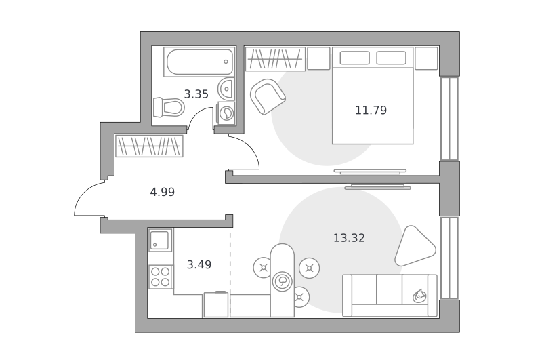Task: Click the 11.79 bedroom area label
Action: pyautogui.click(x=371, y=110)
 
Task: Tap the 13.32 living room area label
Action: pyautogui.click(x=349, y=238)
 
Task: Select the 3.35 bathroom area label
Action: pyautogui.click(x=196, y=94)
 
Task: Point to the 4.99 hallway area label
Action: pyautogui.click(x=162, y=192)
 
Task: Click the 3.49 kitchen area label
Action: pyautogui.click(x=199, y=264)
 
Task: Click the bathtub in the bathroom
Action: pyautogui.click(x=199, y=62)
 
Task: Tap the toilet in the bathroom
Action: pyautogui.click(x=169, y=107)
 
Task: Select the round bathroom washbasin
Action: pyautogui.click(x=226, y=89)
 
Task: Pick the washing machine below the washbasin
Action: pyautogui.click(x=226, y=113)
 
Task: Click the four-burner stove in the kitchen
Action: pyautogui.click(x=161, y=277)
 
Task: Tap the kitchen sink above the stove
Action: pyautogui.click(x=161, y=240)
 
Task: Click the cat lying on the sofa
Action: pyautogui.click(x=419, y=296)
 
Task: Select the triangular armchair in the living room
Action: pyautogui.click(x=414, y=245)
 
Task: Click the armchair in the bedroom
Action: pyautogui.click(x=267, y=96)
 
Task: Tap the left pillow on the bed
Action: pyautogui.click(x=354, y=58)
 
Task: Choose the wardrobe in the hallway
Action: pyautogui.click(x=149, y=146)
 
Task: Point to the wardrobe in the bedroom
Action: pyautogui.click(x=275, y=59)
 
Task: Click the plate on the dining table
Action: pyautogui.click(x=283, y=281)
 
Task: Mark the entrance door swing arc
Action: pyautogui.click(x=86, y=194)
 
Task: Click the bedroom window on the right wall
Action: pyautogui.click(x=449, y=119)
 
